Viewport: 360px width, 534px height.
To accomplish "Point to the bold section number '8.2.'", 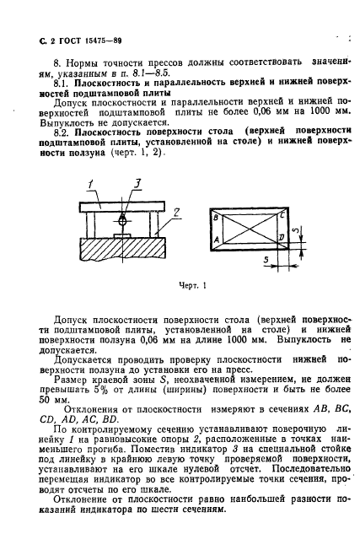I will pos(62,132).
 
